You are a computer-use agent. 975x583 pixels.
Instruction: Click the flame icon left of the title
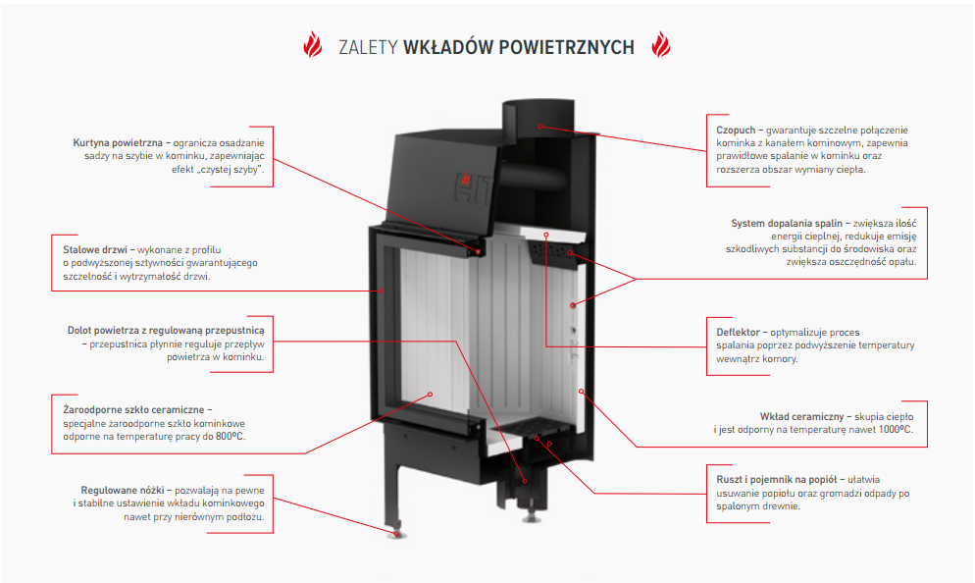313,46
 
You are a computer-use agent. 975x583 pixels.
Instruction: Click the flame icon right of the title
661,46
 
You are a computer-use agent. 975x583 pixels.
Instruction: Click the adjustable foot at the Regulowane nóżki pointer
395,532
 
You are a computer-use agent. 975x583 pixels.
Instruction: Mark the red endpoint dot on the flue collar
539,126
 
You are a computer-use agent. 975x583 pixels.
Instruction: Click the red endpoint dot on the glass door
430,395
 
